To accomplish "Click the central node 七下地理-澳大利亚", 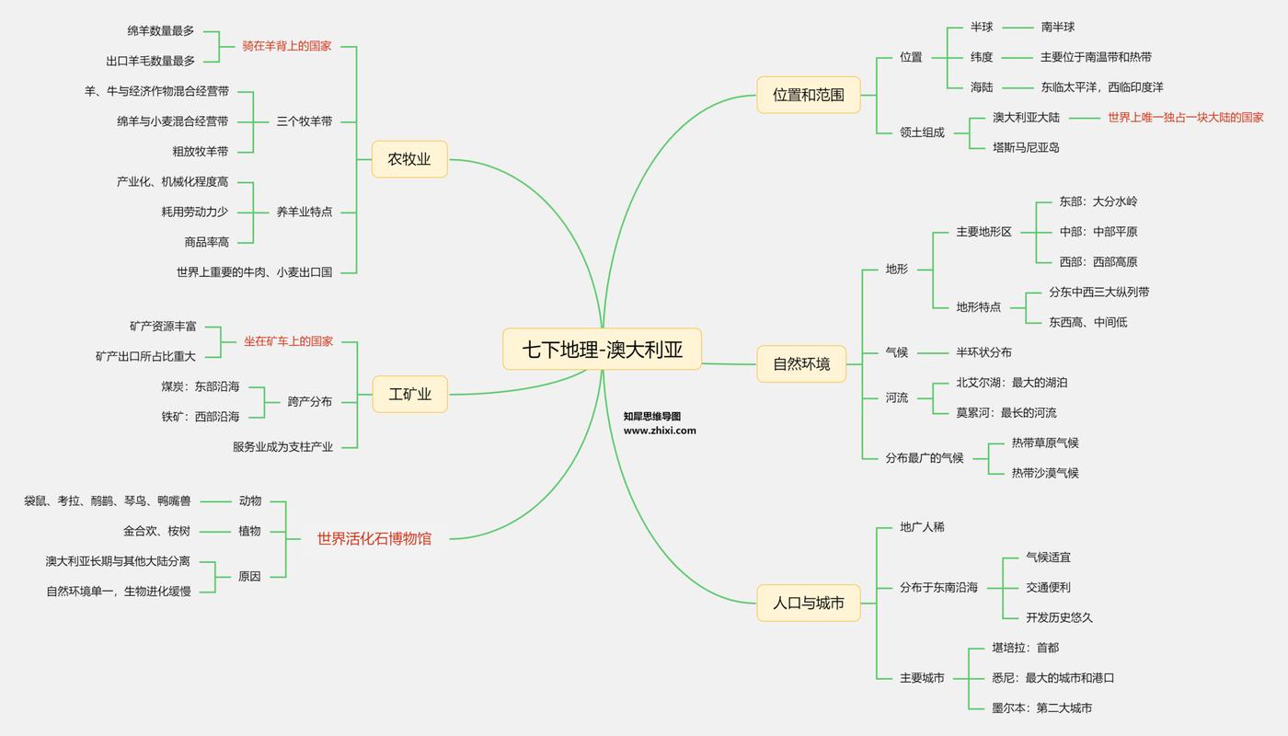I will pyautogui.click(x=603, y=350).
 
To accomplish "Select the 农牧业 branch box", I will pyautogui.click(x=409, y=159).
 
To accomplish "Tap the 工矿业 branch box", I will pyautogui.click(x=409, y=395).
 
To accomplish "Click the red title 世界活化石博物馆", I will pyautogui.click(x=374, y=539).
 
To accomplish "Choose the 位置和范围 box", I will pyautogui.click(x=808, y=95).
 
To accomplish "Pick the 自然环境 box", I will pyautogui.click(x=801, y=364).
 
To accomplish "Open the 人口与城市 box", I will pyautogui.click(x=808, y=604).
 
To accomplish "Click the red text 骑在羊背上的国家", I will pyautogui.click(x=287, y=46).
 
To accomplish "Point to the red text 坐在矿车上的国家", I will pyautogui.click(x=288, y=341).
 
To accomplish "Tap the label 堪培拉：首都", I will pyautogui.click(x=1025, y=648).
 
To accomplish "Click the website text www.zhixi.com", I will pyautogui.click(x=660, y=431).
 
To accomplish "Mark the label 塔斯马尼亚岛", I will pyautogui.click(x=1026, y=147).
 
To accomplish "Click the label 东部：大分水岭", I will pyautogui.click(x=1098, y=201).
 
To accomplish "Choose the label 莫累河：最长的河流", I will pyautogui.click(x=1006, y=413).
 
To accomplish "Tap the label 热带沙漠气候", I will pyautogui.click(x=1045, y=473).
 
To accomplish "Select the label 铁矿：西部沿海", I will pyautogui.click(x=201, y=417).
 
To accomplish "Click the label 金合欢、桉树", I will pyautogui.click(x=157, y=531).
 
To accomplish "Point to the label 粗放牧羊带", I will pyautogui.click(x=200, y=152).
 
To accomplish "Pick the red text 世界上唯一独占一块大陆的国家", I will pyautogui.click(x=1185, y=118).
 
